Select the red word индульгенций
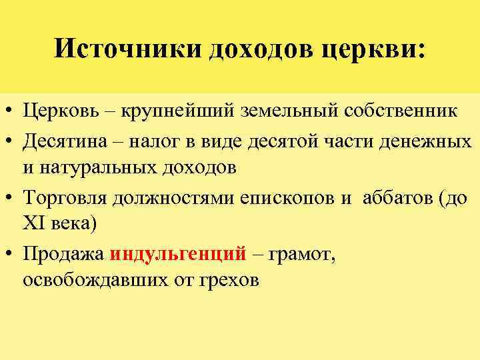179,254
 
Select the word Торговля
65,197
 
